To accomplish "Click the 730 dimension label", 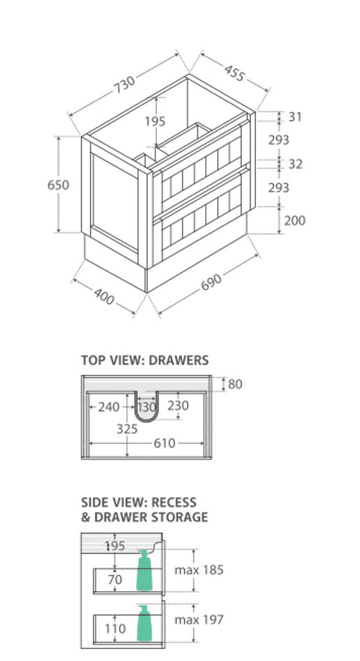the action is coord(124,85).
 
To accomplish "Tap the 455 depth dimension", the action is coord(234,73).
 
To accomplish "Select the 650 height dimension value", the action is coord(58,185).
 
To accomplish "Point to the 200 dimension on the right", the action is coord(294,220).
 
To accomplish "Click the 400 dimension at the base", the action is coord(104,296).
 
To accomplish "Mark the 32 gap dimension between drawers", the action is coord(295,164).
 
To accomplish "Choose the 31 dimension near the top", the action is coord(295,116).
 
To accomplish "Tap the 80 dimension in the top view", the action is coord(235,384).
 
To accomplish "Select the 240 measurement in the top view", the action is coord(109,407).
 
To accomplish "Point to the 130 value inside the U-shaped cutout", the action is coord(147,407).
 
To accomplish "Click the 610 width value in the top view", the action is coord(164,443).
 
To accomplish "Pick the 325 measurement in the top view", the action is coord(127,429).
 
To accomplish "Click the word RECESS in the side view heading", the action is coord(174,503).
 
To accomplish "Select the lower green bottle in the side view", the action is coord(144,623).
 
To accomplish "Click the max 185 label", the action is coord(199,570).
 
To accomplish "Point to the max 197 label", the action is coord(199,620).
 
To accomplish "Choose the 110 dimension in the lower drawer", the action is coord(115,628).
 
